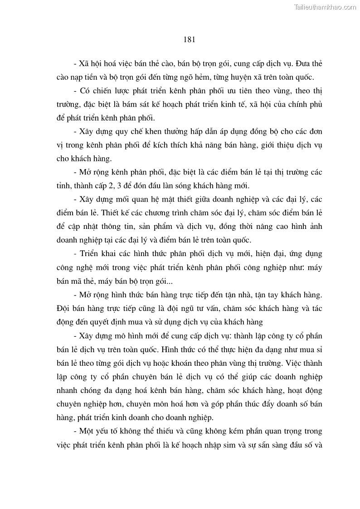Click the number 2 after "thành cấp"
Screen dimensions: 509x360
[107, 187]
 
